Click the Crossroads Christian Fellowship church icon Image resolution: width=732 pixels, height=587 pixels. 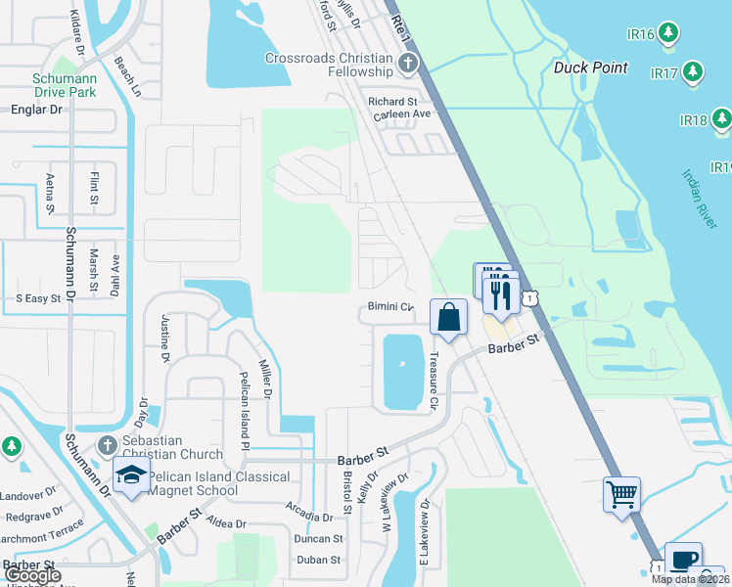tap(408, 66)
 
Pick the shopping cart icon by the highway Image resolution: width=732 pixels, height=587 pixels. tap(621, 494)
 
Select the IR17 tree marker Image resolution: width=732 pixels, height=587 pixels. tap(693, 71)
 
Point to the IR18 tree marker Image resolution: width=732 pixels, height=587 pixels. tap(721, 119)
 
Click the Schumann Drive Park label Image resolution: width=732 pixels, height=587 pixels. tap(66, 85)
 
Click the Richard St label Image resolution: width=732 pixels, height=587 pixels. tap(392, 101)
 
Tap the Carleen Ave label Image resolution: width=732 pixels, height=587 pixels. tap(402, 114)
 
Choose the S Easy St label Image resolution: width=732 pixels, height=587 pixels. tap(38, 297)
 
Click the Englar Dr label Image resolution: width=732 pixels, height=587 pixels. tap(32, 110)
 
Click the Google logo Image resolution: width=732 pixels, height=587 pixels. tap(33, 575)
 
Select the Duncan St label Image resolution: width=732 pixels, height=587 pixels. tap(319, 538)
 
